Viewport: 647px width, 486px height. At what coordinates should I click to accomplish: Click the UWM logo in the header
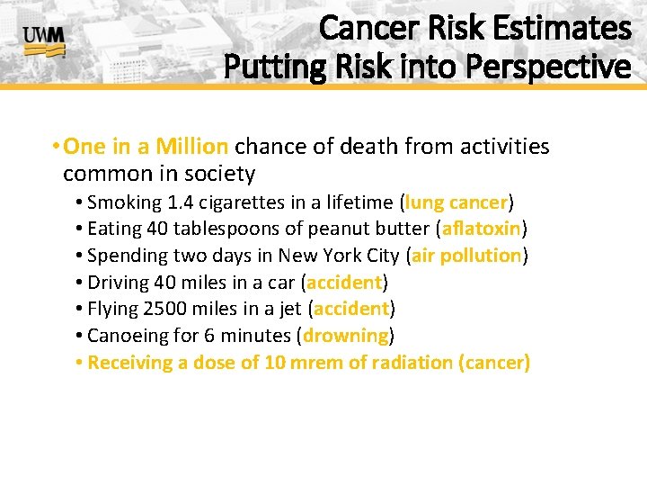(x=44, y=41)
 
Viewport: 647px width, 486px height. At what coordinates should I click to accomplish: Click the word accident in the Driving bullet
(x=344, y=282)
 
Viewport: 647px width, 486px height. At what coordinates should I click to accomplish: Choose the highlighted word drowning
(x=346, y=336)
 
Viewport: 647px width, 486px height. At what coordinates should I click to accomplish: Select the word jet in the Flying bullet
(x=289, y=309)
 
